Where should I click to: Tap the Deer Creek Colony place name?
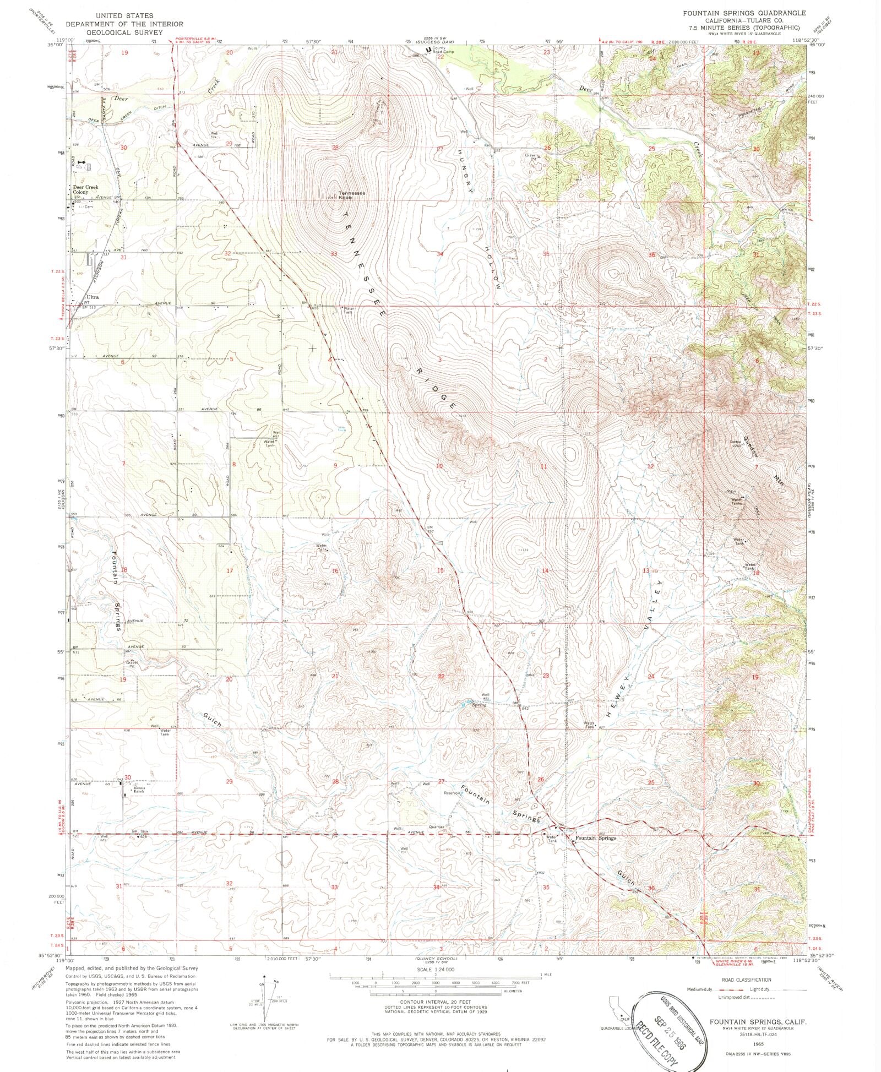(x=85, y=189)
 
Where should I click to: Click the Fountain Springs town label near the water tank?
(x=595, y=838)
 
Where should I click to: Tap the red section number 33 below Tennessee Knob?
(x=334, y=254)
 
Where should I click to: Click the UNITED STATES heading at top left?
(x=124, y=15)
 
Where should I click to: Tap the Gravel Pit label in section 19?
(x=130, y=663)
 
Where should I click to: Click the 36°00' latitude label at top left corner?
(x=57, y=45)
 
